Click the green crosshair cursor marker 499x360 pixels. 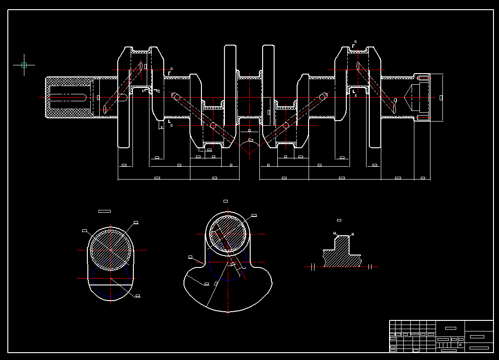24,65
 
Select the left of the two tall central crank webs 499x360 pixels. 230,85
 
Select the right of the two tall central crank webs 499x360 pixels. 268,85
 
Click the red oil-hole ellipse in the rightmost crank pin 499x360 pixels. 358,66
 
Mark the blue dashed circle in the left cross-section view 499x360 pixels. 110,278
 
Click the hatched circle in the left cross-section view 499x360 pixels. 110,250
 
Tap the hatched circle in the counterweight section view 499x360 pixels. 228,234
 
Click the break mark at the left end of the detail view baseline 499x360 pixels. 312,267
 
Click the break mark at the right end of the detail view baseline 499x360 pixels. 370,267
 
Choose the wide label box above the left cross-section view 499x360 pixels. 104,211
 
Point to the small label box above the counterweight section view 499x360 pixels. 225,201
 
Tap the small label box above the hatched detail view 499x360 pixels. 339,221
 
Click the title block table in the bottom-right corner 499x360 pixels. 441,337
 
